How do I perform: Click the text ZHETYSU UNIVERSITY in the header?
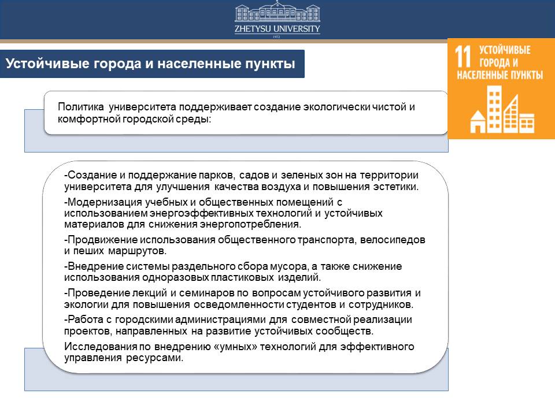(x=277, y=29)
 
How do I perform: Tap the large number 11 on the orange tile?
(x=463, y=57)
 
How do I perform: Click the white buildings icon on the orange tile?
(x=502, y=110)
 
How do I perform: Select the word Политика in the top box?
(x=81, y=106)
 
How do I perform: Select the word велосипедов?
(x=393, y=240)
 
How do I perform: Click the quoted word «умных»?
(x=236, y=347)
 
